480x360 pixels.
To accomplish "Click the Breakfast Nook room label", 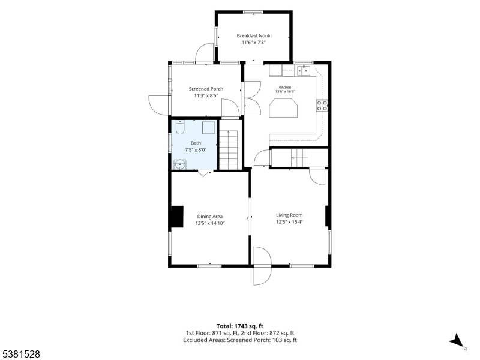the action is tap(253, 35).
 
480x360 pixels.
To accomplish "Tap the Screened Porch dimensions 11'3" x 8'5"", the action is tap(206, 95).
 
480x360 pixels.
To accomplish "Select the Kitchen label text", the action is tap(284, 87).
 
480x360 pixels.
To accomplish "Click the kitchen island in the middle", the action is tap(283, 108).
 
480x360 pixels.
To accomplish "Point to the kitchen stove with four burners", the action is tap(322, 106).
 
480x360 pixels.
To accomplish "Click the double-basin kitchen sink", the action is tap(304, 70).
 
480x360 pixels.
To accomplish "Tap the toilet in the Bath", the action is tap(181, 128).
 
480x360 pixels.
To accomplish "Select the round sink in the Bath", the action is tap(180, 164).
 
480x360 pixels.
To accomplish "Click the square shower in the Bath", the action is tap(209, 128).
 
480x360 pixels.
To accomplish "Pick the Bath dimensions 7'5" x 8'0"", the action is tap(196, 150).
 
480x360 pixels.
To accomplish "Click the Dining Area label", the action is tap(209, 217).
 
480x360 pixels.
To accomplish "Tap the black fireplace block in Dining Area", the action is tap(177, 217).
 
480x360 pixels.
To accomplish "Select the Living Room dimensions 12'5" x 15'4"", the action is tap(289, 222).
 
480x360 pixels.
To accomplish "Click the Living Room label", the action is tap(289, 215).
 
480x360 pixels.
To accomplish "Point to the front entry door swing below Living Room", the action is tap(262, 266).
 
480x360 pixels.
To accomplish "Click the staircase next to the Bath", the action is tap(229, 149).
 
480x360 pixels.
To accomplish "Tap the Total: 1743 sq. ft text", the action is tap(240, 326).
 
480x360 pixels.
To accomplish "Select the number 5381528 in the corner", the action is tap(20, 354).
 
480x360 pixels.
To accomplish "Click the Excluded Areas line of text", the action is tap(240, 340).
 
